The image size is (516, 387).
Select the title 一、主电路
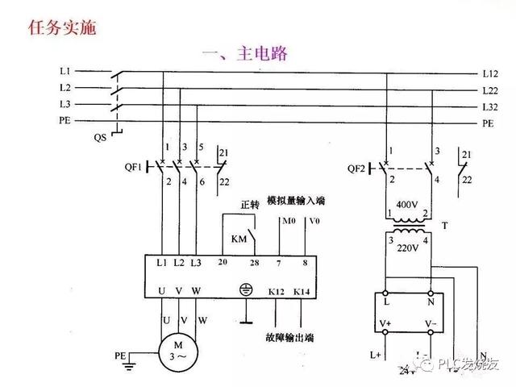coord(245,55)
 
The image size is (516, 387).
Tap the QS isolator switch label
coord(100,138)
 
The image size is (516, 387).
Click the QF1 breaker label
coord(133,168)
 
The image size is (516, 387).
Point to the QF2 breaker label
coord(357,169)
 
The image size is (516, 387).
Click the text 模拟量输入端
coord(307,199)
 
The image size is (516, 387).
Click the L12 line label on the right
coord(489,73)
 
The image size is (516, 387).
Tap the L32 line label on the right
coord(489,106)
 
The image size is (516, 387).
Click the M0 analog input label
coord(285,221)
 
